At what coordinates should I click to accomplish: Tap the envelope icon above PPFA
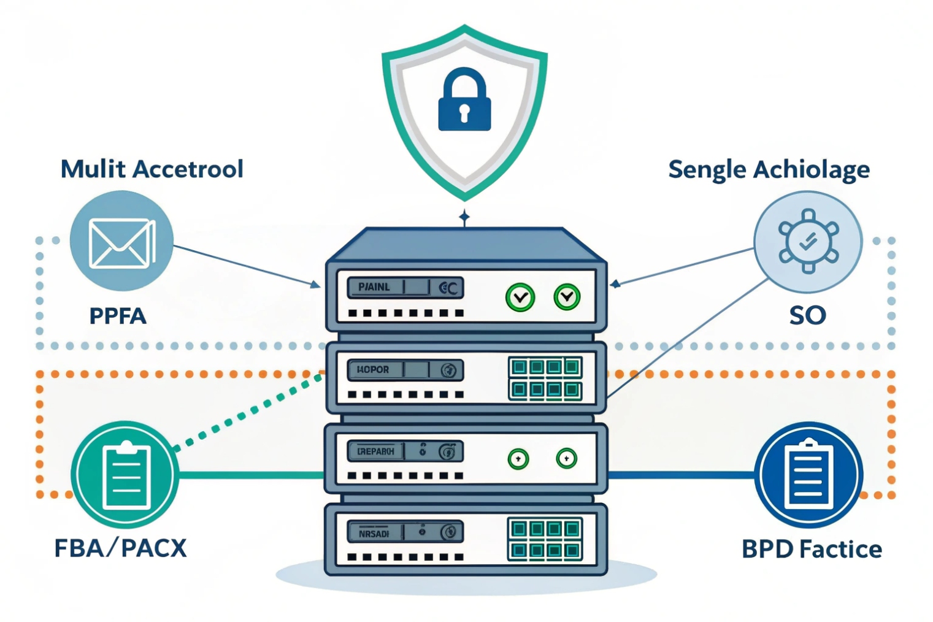click(x=121, y=243)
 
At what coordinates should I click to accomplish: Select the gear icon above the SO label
click(x=808, y=241)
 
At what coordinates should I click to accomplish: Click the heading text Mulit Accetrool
click(x=152, y=169)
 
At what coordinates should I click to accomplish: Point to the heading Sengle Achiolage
click(x=769, y=170)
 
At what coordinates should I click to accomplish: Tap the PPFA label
click(x=118, y=316)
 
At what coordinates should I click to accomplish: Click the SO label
click(x=807, y=315)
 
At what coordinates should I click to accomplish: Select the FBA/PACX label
click(x=120, y=548)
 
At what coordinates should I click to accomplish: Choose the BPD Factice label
click(x=812, y=549)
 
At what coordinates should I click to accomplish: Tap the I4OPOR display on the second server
click(x=373, y=370)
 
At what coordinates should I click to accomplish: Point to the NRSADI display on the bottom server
click(x=374, y=533)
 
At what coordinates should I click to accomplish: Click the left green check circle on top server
click(x=520, y=298)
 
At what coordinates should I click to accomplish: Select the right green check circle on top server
click(x=567, y=297)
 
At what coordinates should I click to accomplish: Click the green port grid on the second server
click(x=545, y=378)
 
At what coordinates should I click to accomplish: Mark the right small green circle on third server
click(x=566, y=458)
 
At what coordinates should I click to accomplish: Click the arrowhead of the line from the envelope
click(x=315, y=285)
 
